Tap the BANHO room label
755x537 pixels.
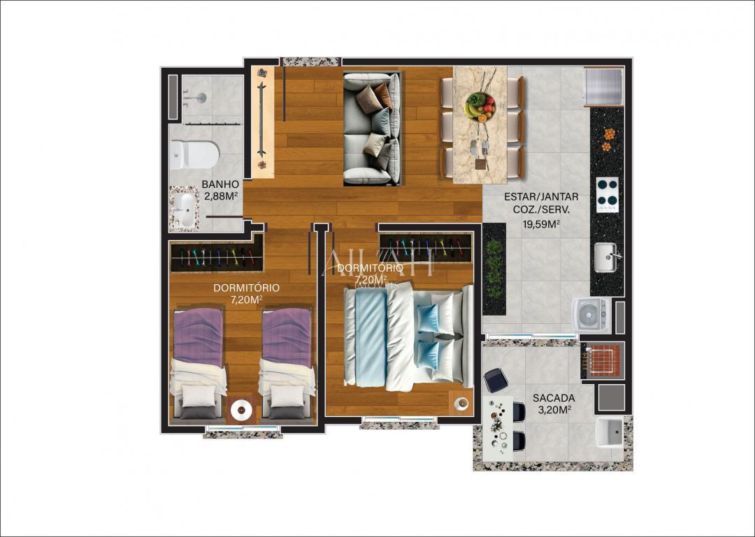point(220,184)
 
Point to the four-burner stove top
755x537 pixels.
point(607,195)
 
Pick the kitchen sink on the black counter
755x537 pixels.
point(605,257)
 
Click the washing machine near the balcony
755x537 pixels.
point(591,316)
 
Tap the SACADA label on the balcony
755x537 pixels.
point(554,398)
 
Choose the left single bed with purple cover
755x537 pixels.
point(198,363)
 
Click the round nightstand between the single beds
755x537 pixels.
point(243,409)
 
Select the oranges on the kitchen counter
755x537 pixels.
point(607,140)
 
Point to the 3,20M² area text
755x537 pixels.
point(554,409)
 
